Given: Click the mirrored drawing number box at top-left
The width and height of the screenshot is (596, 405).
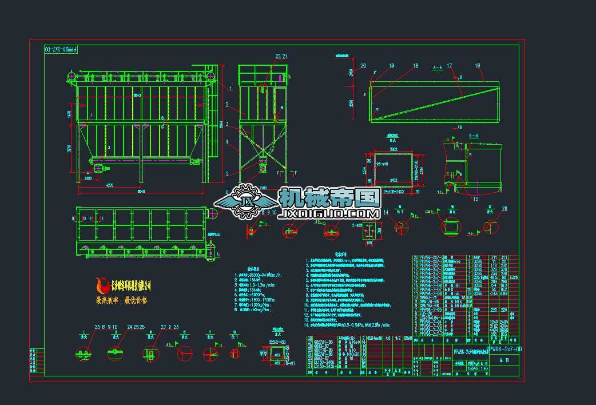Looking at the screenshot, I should (60, 49).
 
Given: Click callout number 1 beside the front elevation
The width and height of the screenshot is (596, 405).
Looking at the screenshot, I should (231, 88).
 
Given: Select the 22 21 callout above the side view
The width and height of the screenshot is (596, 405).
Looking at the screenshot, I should (281, 56).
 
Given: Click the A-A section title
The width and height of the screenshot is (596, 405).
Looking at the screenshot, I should (438, 67).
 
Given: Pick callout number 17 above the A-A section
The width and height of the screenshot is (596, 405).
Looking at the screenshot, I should (450, 66).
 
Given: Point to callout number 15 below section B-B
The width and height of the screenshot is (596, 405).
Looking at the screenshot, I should (475, 199).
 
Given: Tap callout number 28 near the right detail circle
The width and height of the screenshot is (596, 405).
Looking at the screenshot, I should (504, 209).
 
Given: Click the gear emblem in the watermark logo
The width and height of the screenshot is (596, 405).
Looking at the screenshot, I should (248, 201).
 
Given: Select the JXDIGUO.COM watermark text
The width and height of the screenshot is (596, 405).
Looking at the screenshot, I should (328, 215).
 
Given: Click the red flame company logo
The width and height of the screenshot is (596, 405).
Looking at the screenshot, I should (103, 284).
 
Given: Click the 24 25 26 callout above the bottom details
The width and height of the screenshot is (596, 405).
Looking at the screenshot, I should (136, 327).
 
